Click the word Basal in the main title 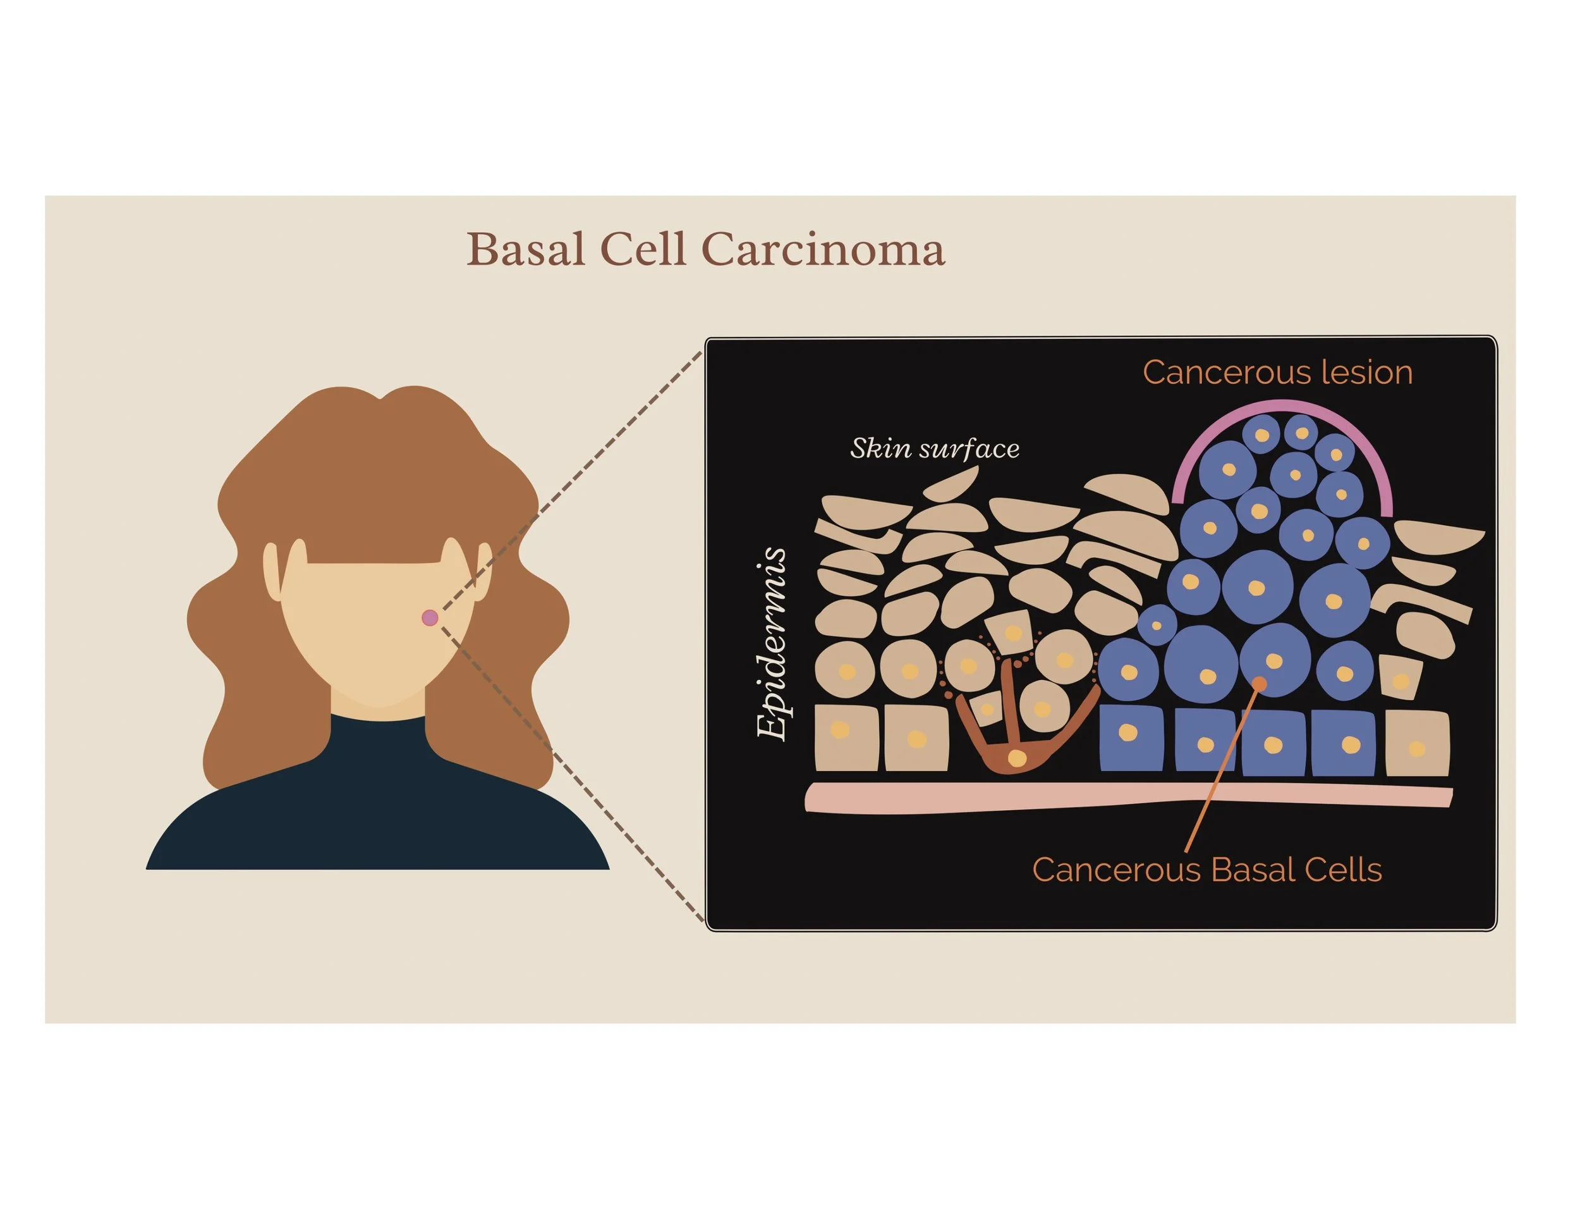526,250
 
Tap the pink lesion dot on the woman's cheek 430,617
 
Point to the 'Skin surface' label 935,449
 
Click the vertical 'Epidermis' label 771,644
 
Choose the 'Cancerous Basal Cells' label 1206,870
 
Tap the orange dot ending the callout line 1260,683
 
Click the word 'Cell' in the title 642,250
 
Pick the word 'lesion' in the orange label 1366,373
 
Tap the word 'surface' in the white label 969,449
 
